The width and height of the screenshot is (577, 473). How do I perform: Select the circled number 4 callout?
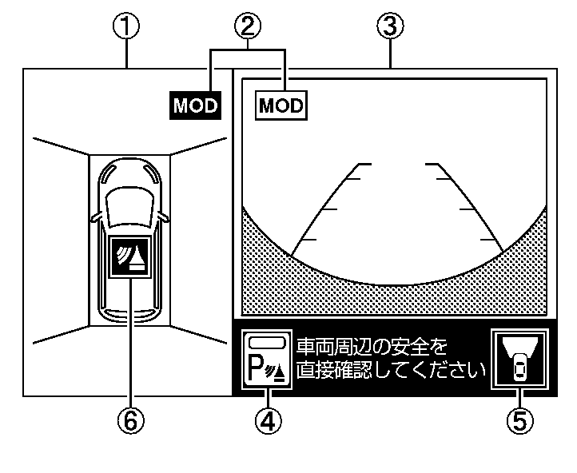(x=268, y=420)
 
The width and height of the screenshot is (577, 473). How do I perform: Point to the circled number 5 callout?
(x=520, y=420)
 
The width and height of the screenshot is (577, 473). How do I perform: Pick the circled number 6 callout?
(x=129, y=420)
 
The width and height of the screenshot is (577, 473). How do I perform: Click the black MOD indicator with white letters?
(x=195, y=106)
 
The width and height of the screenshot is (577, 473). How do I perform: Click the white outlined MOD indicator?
(x=281, y=105)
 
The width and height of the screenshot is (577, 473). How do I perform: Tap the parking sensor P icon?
(x=267, y=360)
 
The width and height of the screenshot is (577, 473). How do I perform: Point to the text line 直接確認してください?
(x=391, y=370)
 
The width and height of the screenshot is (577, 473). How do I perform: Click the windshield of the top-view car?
(x=129, y=196)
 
